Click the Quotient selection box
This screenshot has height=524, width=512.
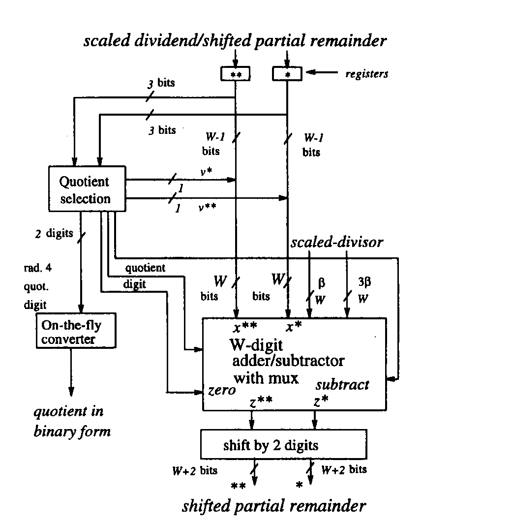pos(87,190)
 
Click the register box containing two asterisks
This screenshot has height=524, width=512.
pos(236,73)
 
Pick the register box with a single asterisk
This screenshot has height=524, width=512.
pos(287,73)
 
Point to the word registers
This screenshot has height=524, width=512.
pos(366,74)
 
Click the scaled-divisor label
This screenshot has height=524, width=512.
pos(337,243)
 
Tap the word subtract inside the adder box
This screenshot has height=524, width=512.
pos(342,385)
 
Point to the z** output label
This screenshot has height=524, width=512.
pos(261,402)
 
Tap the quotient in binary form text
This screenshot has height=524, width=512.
pos(72,422)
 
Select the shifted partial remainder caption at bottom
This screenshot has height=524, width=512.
pos(274,506)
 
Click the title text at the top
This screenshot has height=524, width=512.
pos(235,41)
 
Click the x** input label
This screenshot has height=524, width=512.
pos(245,326)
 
